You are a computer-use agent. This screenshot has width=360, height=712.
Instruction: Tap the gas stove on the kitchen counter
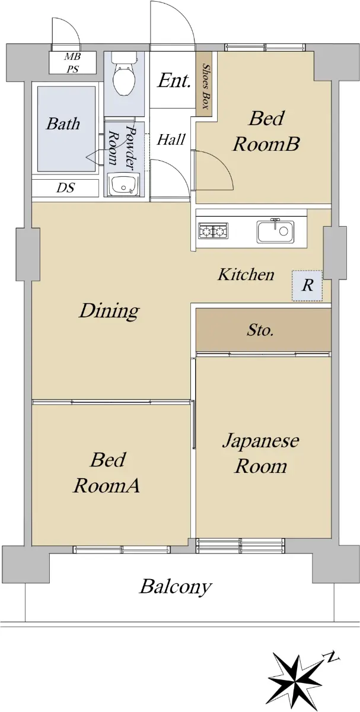click(213, 230)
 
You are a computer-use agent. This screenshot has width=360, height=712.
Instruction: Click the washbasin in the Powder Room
click(124, 185)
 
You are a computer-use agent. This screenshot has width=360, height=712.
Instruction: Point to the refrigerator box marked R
click(307, 285)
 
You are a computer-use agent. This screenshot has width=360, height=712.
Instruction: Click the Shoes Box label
click(206, 87)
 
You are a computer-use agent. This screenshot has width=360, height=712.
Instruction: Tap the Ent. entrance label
click(174, 81)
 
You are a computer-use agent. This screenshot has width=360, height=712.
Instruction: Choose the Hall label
click(171, 139)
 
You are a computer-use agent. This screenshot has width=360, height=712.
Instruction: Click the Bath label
click(63, 123)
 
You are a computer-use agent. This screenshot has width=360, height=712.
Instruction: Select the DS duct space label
click(65, 187)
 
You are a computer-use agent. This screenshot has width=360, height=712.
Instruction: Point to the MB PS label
click(73, 63)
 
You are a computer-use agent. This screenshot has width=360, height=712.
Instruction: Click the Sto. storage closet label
click(260, 330)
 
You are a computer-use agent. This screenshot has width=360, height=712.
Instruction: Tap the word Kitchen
click(246, 274)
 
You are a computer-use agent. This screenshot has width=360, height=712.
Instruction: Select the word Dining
click(109, 310)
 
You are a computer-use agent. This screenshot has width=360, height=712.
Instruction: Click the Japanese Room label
click(260, 454)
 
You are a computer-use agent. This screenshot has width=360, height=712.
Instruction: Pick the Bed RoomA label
click(107, 473)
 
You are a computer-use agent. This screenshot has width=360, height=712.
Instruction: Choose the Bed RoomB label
click(266, 131)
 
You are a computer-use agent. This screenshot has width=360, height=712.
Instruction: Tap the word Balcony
click(176, 587)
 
